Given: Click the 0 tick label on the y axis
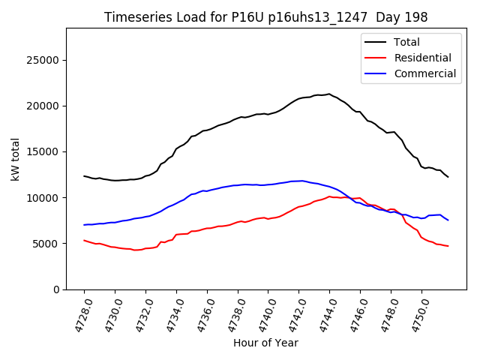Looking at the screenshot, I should click(56, 289).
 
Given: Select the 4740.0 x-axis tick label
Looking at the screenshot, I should click(263, 313).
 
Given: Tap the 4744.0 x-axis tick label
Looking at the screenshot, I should click(325, 313).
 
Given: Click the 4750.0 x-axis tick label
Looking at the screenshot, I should click(416, 313).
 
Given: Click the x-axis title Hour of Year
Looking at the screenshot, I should click(265, 343).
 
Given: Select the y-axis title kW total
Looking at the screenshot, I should click(16, 159).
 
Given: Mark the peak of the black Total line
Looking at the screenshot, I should click(329, 94).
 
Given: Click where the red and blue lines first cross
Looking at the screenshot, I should click(350, 198).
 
